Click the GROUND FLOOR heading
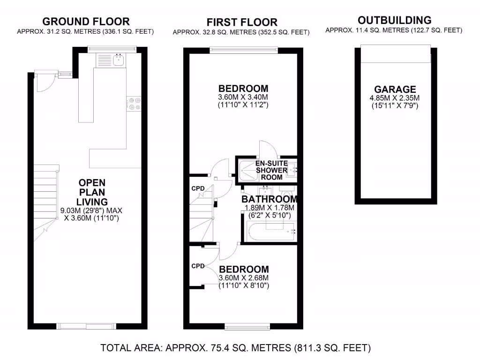pos(86,21)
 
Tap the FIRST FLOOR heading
pos(242,22)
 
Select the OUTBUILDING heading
pos(394,20)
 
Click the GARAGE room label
pos(395,89)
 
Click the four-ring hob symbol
pos(134,104)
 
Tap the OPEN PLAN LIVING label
pos(92,192)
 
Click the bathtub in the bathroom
pos(268,231)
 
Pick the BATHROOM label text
pos(269,199)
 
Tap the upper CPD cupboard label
pos(198,188)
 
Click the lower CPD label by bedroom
pos(198,266)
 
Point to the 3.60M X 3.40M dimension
pos(243,97)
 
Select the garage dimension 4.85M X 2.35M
pos(395,98)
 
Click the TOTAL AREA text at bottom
pos(236,348)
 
